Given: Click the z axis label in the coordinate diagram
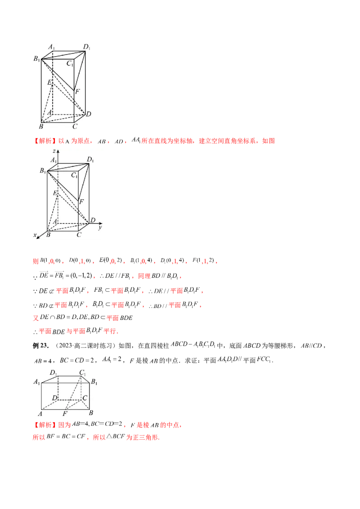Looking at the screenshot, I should tap(54, 151).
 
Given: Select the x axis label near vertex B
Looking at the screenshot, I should tap(35, 235).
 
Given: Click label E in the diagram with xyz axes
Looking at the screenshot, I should tap(55, 193).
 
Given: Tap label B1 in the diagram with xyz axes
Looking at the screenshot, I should tap(43, 170).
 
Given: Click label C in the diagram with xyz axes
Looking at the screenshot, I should tap(79, 234).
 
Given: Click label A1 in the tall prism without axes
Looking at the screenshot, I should tap(52, 47).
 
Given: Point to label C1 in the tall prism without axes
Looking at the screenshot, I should tap(70, 63).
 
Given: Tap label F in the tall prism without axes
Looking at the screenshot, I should tap(77, 92).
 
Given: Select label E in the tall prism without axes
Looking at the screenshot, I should tap(50, 83).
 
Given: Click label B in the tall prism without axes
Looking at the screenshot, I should tap(41, 127).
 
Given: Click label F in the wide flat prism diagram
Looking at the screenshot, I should tap(65, 413).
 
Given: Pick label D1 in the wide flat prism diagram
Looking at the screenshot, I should tap(54, 372).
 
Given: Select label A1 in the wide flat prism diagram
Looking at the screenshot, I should tap(36, 382).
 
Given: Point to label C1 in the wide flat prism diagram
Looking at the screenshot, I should tap(82, 372).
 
